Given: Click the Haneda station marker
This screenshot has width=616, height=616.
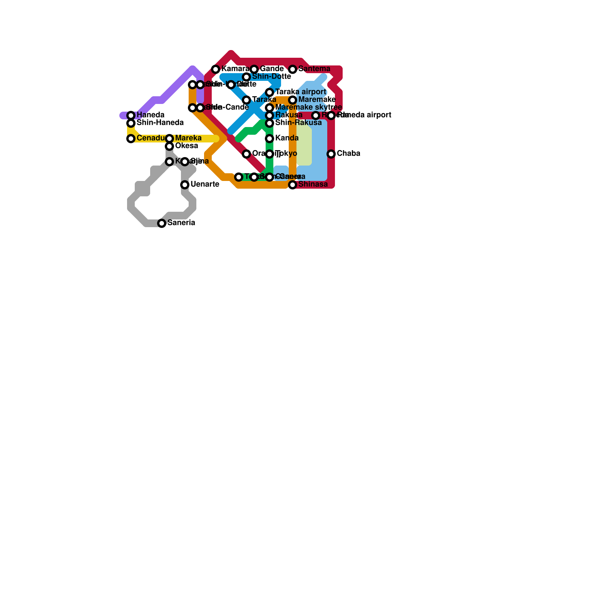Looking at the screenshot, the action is click(131, 115).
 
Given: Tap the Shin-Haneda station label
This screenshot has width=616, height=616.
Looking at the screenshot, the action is click(160, 123).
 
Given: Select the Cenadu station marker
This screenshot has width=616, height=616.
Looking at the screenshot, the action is click(131, 139).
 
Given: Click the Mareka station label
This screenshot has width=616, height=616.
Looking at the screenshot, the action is click(188, 138).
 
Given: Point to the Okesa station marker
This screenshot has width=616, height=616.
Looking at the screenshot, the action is click(169, 146).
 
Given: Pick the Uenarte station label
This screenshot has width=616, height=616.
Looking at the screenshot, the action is click(204, 184).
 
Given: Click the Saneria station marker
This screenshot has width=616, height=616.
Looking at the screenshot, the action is click(162, 223).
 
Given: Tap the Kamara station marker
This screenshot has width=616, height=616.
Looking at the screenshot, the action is click(216, 69).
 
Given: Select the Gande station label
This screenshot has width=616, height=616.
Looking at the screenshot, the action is click(271, 69).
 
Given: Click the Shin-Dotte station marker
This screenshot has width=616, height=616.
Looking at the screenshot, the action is click(247, 77).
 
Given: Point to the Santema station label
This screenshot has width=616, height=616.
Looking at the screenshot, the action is click(314, 69).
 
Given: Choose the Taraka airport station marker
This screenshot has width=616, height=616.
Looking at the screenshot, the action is click(270, 92).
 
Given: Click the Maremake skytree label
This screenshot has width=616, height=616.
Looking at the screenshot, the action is click(308, 107).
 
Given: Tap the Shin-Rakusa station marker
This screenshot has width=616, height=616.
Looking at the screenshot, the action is click(270, 123).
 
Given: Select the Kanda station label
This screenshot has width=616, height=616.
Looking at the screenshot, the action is click(287, 138).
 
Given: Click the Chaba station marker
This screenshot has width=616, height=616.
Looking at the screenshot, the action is click(331, 154).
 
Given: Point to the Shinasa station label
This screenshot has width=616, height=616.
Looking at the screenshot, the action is click(313, 184).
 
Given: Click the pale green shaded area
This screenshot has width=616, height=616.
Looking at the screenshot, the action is click(304, 146).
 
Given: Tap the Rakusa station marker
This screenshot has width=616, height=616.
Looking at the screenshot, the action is click(270, 115).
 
